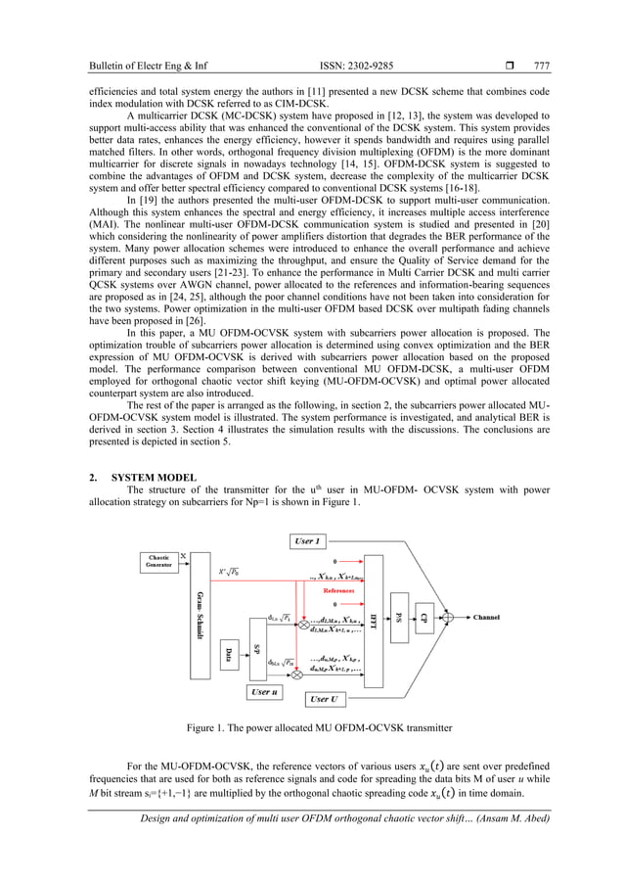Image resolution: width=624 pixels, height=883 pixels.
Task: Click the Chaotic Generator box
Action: (157, 562)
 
